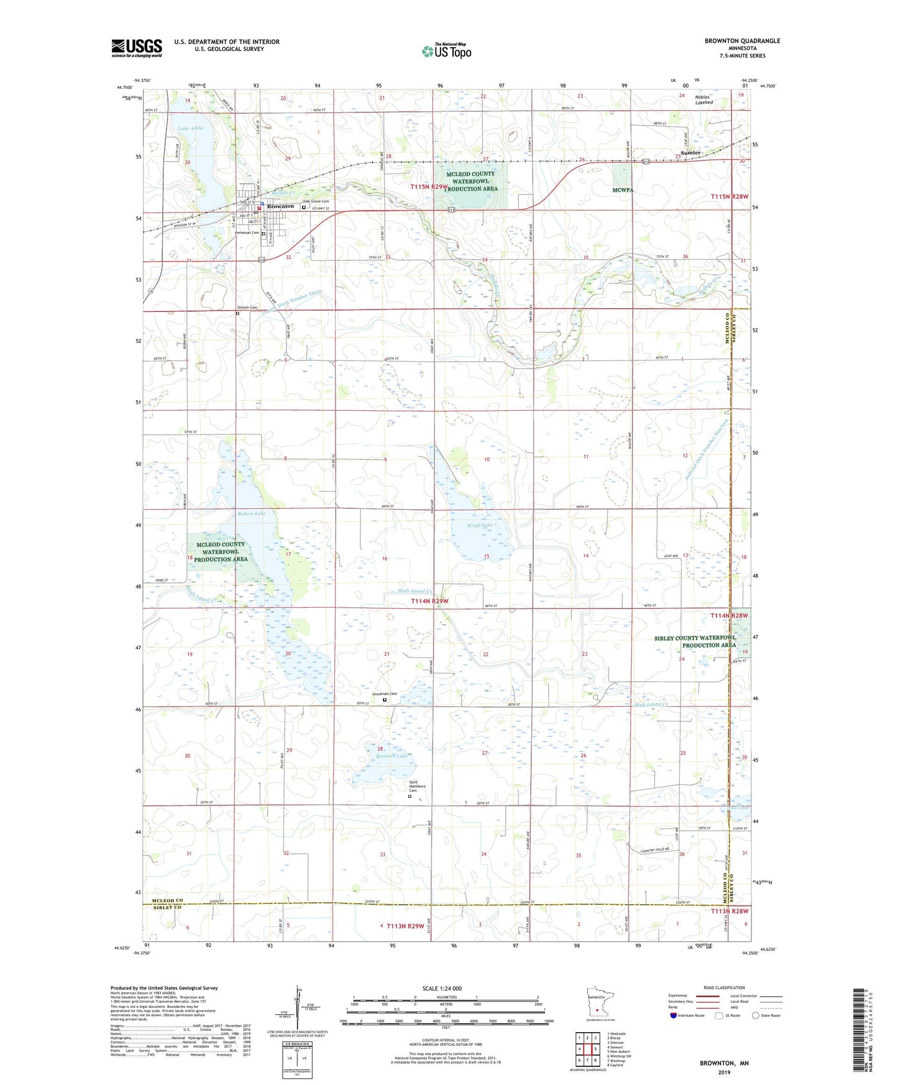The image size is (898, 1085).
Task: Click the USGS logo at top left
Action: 137,47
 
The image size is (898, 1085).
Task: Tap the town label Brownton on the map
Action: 281,206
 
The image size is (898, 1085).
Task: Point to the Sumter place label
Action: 690,153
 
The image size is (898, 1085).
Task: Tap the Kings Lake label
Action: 480,526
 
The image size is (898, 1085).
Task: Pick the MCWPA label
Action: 622,190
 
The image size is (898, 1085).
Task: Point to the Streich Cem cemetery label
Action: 247,308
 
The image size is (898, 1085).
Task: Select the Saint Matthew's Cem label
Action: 417,785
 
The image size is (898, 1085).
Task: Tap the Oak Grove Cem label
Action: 316,201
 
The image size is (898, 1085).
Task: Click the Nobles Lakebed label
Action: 703,100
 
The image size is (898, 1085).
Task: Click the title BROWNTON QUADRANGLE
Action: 742,41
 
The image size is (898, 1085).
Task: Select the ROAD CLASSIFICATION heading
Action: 723,987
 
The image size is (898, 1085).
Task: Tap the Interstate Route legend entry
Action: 687,1015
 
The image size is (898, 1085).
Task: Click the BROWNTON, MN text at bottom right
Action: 724,1063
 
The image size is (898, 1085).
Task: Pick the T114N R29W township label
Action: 429,602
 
